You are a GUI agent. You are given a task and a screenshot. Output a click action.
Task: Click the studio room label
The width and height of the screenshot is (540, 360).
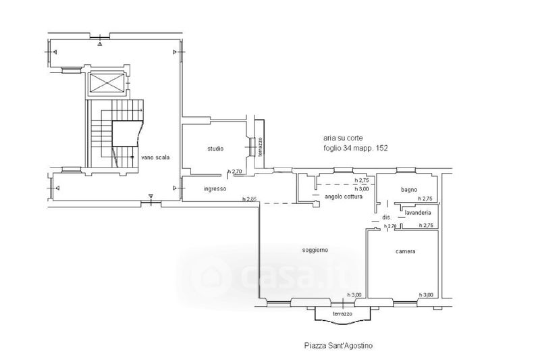(x=215, y=149)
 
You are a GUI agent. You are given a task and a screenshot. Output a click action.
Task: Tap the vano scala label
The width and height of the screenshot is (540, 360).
(x=155, y=157)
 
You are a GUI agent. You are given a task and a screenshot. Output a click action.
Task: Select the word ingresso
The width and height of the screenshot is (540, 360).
(x=215, y=189)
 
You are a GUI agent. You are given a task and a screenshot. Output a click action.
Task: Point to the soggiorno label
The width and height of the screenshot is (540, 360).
(x=315, y=250)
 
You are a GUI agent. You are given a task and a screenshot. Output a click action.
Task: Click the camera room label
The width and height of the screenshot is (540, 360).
(x=406, y=251)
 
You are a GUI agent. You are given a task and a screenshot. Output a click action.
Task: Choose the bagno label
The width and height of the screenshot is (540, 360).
(x=409, y=190)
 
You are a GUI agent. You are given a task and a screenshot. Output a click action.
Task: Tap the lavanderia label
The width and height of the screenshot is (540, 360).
(x=418, y=213)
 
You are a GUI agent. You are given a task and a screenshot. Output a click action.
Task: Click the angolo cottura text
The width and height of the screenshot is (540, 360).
(x=344, y=197)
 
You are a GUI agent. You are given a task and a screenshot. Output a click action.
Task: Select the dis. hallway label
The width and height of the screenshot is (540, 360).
(x=387, y=217)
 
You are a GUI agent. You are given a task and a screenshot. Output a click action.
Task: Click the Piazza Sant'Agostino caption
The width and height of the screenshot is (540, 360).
(x=338, y=345)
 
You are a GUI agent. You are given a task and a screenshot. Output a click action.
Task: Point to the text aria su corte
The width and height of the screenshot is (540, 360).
(x=343, y=138)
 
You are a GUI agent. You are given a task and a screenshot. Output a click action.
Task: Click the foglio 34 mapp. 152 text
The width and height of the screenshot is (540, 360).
(x=356, y=148)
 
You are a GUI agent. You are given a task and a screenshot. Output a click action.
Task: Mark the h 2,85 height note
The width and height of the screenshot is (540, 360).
(x=250, y=199)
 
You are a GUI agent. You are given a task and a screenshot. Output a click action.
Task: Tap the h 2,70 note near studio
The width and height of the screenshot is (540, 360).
(x=235, y=171)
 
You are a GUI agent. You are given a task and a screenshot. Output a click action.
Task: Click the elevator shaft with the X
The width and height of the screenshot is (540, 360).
(x=107, y=84)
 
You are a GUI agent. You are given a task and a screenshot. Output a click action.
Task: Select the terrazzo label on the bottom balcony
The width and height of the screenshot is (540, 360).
(x=342, y=314)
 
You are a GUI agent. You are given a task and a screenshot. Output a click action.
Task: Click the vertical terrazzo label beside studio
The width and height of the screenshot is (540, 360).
(x=261, y=147)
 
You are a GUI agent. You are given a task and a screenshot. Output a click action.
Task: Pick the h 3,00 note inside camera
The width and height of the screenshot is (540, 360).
(x=426, y=295)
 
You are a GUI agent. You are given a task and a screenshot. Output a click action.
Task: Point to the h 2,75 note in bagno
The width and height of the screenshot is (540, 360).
(x=425, y=199)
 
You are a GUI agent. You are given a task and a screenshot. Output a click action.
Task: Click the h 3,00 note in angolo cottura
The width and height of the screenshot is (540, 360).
(x=362, y=189)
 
